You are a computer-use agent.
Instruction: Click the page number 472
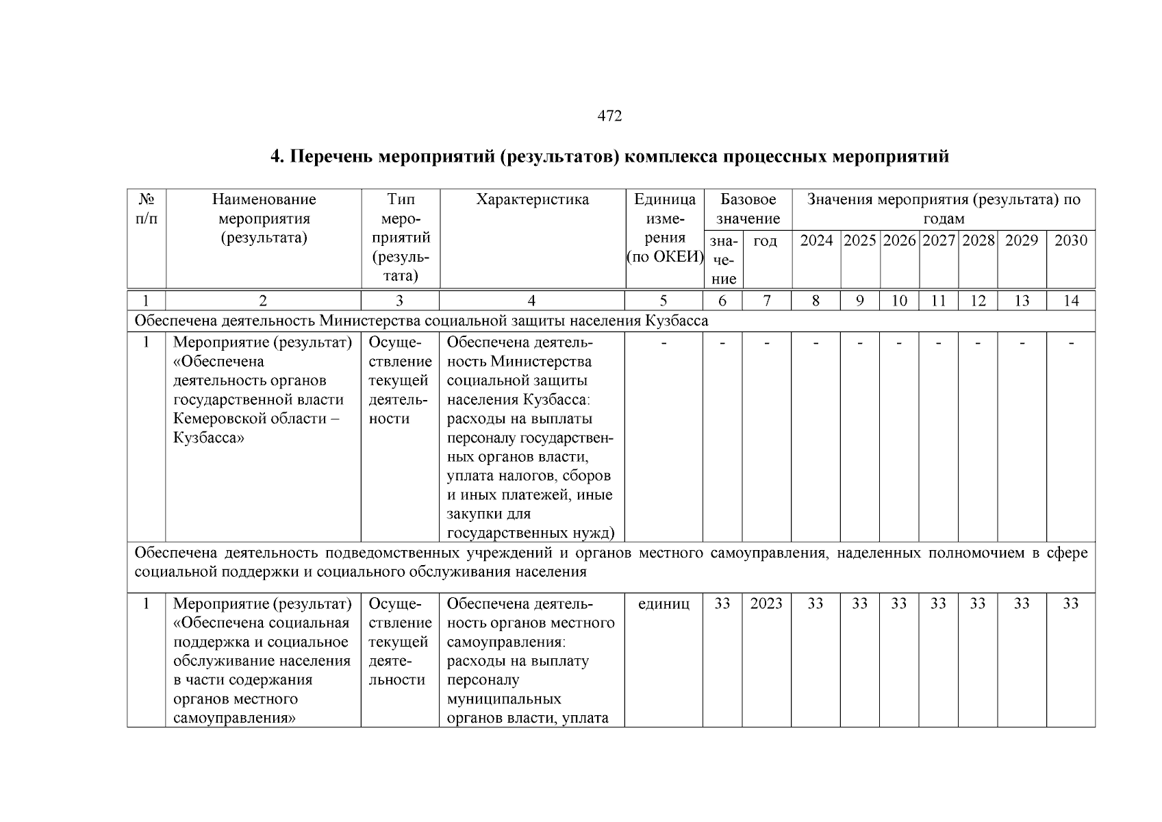click(x=609, y=116)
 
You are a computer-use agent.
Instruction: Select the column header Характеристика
click(x=532, y=199)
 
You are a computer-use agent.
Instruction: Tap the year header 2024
click(x=816, y=240)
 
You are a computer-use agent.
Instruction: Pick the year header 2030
click(x=1070, y=240)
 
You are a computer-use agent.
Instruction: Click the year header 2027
click(x=938, y=240)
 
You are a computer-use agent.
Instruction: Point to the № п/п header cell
click(x=147, y=209)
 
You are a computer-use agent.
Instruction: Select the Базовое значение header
click(x=748, y=209)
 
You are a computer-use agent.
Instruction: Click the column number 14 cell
click(x=1070, y=301)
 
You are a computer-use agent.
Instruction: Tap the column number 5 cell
click(x=663, y=301)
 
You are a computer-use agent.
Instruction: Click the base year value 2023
click(x=766, y=603)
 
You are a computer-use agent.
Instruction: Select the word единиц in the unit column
click(x=663, y=603)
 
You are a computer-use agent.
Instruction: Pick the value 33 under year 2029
click(x=1021, y=603)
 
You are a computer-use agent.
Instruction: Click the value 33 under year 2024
click(x=815, y=603)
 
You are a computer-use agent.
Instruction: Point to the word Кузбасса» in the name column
click(x=208, y=438)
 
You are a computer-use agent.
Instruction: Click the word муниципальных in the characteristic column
click(x=503, y=699)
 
